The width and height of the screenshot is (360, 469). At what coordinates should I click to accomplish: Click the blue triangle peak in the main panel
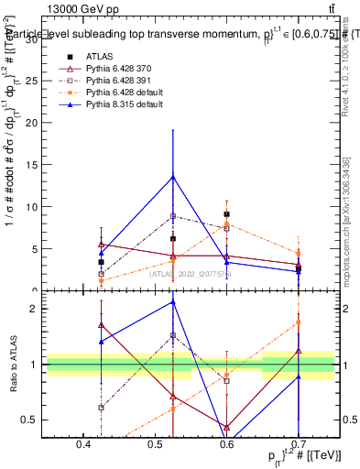pyautogui.click(x=172, y=177)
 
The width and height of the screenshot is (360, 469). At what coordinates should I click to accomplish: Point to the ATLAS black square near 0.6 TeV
pyautogui.click(x=226, y=214)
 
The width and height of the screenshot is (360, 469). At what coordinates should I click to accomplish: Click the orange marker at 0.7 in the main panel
pyautogui.click(x=298, y=253)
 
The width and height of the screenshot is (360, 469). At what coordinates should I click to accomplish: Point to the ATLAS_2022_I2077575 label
pyautogui.click(x=191, y=273)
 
